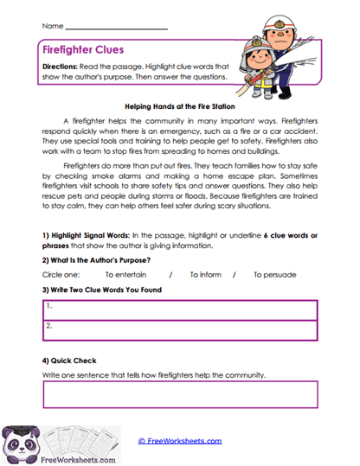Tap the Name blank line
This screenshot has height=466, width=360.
[116, 28]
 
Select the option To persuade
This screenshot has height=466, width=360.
[274, 275]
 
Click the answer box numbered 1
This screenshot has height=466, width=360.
[179, 308]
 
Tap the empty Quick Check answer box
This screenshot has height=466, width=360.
[179, 394]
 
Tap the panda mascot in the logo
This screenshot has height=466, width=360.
[22, 444]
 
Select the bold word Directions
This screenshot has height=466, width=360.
[62, 66]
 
